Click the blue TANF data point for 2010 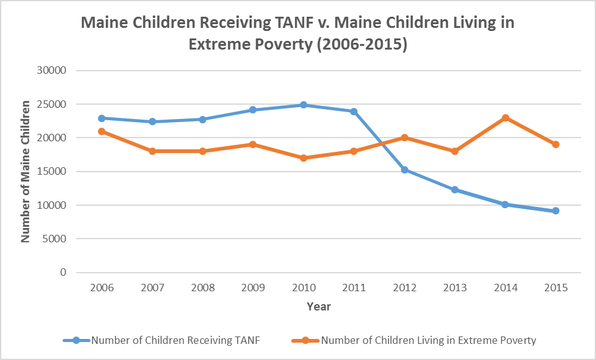tap(303, 105)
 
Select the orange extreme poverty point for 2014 tap(506, 118)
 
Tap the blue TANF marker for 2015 tap(556, 211)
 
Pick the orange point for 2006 tap(101, 131)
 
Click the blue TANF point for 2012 tap(404, 170)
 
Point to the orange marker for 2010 tap(303, 158)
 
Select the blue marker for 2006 tap(101, 118)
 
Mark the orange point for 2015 tap(556, 144)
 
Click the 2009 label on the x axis tap(253, 288)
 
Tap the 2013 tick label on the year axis tap(455, 288)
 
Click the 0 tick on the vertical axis tap(63, 273)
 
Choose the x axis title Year tap(318, 307)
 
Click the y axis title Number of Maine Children tap(26, 172)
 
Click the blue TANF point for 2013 tap(455, 190)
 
